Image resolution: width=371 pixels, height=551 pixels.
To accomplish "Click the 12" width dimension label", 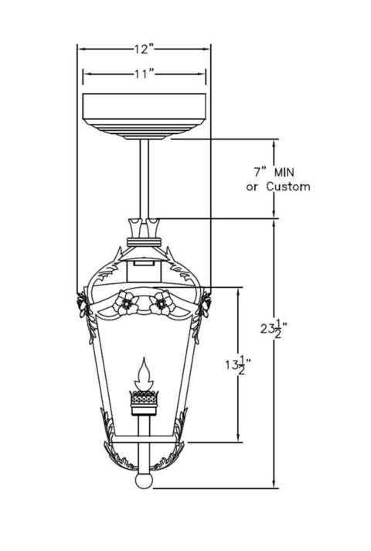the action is (x=144, y=50).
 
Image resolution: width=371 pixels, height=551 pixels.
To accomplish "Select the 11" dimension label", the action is (x=145, y=74).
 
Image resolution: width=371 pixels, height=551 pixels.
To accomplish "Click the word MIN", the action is (x=284, y=172).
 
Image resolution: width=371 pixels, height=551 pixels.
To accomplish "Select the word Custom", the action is (x=288, y=187).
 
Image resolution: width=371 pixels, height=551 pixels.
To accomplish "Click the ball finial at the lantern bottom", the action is (x=144, y=481).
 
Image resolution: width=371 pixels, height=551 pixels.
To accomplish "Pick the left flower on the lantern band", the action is (x=126, y=303).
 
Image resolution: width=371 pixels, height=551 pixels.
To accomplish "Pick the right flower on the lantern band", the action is (x=162, y=303).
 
